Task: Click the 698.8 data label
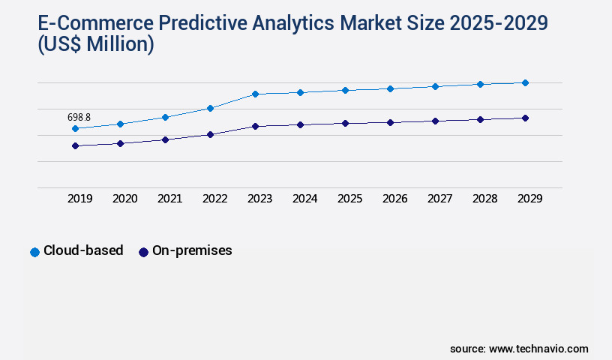[x=79, y=117]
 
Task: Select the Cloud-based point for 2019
[x=75, y=129]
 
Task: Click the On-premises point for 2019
[x=75, y=145]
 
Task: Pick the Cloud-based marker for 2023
[x=255, y=94]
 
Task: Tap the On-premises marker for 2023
[x=255, y=126]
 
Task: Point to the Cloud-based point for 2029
[x=525, y=82]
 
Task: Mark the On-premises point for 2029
[x=525, y=118]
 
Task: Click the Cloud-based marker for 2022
[x=210, y=108]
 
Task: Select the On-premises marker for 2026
[x=390, y=122]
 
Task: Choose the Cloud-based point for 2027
[x=435, y=86]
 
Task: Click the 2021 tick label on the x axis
[x=169, y=199]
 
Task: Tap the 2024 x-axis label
[x=304, y=199]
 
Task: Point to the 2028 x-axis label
[x=484, y=199]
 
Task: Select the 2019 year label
[x=79, y=199]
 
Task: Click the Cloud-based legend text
[x=83, y=251]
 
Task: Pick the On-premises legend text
[x=192, y=251]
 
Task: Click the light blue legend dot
[x=34, y=252]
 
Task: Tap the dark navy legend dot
[x=143, y=252]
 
